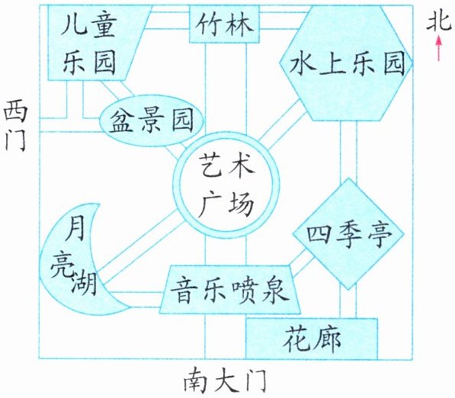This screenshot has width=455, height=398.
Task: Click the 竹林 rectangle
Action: pos(224,24)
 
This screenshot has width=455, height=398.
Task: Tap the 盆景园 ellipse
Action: pos(151,120)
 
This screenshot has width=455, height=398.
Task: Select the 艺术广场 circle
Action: pos(226,185)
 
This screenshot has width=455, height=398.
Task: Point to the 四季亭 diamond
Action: pos(348,233)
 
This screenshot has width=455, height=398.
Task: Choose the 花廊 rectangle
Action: pos(312,339)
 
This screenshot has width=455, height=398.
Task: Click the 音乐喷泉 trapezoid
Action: pos(230,290)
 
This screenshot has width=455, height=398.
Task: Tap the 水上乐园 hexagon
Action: pos(346,63)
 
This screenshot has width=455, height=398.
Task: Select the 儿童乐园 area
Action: pos(93,43)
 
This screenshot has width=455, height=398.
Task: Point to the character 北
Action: pos(439,21)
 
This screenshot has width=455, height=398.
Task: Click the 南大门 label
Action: pos(225,380)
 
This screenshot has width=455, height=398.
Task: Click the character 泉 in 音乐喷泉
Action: pos(275,290)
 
